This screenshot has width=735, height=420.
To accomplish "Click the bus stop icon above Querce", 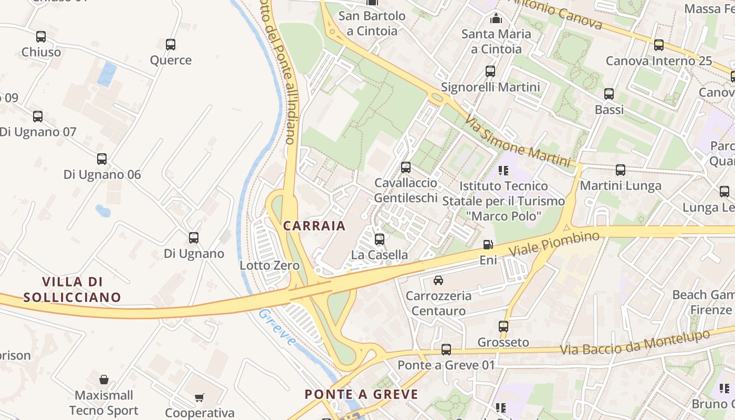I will click(171, 45).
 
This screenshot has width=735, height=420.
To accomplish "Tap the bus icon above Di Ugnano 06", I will click(102, 159).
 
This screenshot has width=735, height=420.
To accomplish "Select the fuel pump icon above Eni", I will click(488, 245).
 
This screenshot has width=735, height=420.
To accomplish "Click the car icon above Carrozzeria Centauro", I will click(438, 280).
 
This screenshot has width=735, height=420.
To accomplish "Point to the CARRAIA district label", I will click(314, 226).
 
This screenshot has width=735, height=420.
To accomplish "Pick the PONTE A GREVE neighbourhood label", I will click(362, 394).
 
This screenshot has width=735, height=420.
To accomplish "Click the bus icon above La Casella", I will click(380, 239).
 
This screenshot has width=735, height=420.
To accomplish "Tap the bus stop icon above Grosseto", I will click(503, 327).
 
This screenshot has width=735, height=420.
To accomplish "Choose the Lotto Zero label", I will click(269, 265).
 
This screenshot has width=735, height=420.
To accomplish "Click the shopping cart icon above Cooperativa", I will click(199, 397).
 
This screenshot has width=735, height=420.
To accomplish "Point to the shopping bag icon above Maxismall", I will click(104, 379).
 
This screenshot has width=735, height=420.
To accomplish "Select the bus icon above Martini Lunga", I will click(621, 170).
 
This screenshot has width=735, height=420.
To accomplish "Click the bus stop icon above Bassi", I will click(609, 94).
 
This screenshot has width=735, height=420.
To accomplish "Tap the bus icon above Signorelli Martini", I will click(490, 71).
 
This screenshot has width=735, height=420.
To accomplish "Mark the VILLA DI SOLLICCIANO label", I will click(72, 289).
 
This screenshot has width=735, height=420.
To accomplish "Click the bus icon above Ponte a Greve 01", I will click(446, 349).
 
